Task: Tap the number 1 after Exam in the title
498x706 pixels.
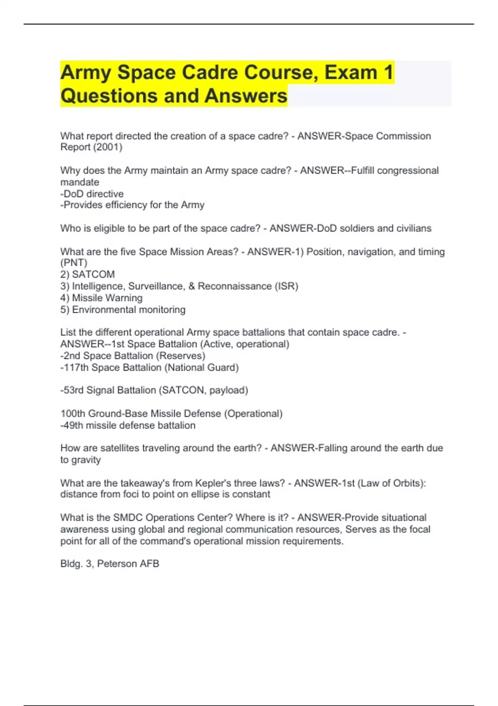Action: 388,72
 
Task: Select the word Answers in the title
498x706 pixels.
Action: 246,96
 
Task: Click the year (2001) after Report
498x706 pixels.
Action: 109,147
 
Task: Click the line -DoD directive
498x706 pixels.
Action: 92,194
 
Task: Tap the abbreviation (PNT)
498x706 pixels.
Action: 74,263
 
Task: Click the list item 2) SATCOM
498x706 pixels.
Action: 88,274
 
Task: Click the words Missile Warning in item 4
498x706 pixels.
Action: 107,298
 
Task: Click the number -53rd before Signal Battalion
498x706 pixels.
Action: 72,390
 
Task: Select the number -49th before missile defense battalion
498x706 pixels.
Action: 72,425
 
